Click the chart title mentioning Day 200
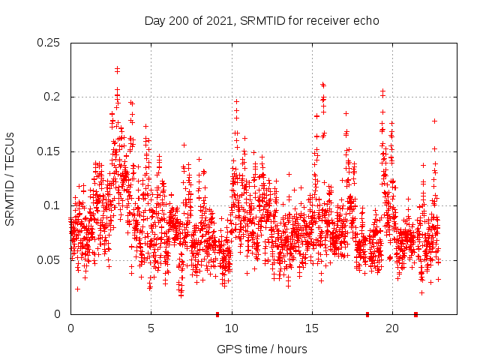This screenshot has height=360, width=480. pyautogui.click(x=262, y=21)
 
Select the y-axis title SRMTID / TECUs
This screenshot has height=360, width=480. pyautogui.click(x=10, y=178)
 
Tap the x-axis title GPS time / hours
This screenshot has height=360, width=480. pyautogui.click(x=262, y=349)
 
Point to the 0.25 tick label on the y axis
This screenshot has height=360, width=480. pyautogui.click(x=49, y=43)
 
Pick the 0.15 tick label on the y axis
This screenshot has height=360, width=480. pyautogui.click(x=49, y=151)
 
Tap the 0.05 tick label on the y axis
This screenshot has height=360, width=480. pyautogui.click(x=49, y=260)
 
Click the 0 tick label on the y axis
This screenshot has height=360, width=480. pyautogui.click(x=58, y=314)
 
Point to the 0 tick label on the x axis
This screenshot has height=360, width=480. pyautogui.click(x=70, y=328)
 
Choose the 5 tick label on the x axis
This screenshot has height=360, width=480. pyautogui.click(x=151, y=328)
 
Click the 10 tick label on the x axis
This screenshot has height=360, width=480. pyautogui.click(x=232, y=328)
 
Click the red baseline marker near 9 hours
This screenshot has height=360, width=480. pyautogui.click(x=217, y=314)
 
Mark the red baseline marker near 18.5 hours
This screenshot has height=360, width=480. pyautogui.click(x=367, y=314)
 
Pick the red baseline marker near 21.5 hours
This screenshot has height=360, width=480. pyautogui.click(x=415, y=314)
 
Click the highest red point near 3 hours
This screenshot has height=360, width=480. pyautogui.click(x=117, y=69)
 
